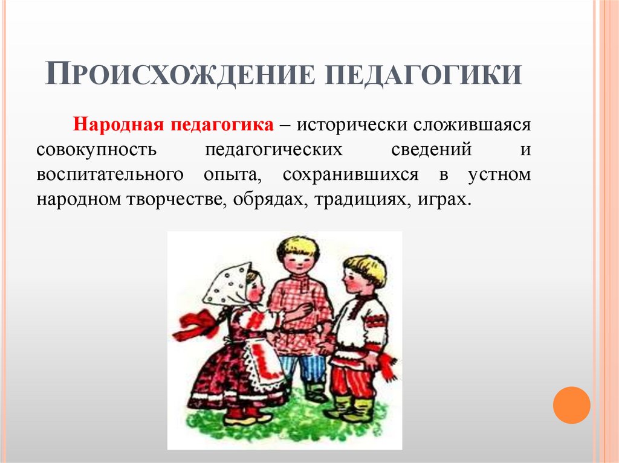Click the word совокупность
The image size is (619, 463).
(x=96, y=150)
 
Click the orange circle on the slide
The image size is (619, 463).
(x=571, y=405)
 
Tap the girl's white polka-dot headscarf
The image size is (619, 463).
(x=228, y=284)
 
